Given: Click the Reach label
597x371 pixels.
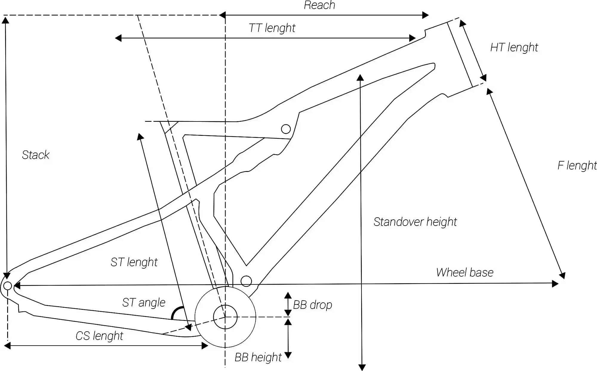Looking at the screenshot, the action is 319,5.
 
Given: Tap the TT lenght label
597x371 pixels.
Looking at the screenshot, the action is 272,28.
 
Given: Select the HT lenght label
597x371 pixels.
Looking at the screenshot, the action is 514,47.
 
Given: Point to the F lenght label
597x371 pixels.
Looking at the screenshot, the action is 577,165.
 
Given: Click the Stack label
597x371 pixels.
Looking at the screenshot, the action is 36,155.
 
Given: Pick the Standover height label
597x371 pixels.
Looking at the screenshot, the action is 415,222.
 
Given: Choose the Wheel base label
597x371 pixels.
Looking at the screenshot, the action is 465,273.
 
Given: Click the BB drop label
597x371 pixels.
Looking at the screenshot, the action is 313,305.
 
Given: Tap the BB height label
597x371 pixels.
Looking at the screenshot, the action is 258,357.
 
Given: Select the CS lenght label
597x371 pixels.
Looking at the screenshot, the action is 99,336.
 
